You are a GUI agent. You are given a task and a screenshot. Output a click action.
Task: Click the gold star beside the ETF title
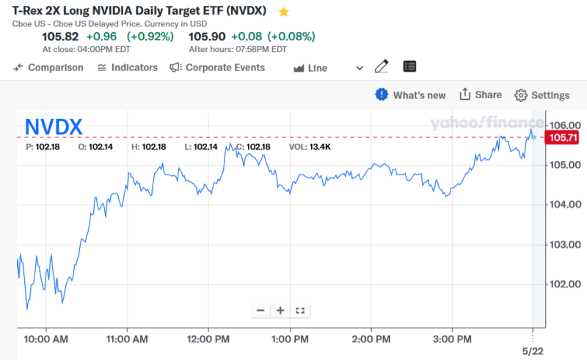tap(284, 12)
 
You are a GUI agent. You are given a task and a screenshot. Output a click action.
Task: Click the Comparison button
tap(48, 67)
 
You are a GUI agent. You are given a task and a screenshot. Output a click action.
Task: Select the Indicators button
tap(127, 67)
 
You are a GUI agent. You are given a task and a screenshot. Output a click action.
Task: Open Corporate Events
tap(217, 67)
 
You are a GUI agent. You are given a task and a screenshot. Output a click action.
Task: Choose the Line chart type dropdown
tap(328, 68)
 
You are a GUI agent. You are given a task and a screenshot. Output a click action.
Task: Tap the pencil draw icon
tap(381, 67)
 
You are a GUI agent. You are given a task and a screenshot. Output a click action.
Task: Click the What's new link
tap(411, 95)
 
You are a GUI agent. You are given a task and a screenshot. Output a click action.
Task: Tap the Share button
tap(481, 95)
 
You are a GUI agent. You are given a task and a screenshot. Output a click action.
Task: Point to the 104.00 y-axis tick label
tap(564, 204)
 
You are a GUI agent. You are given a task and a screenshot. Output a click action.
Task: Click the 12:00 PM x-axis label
tap(210, 339)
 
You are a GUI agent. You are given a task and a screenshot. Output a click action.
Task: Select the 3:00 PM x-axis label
tap(452, 339)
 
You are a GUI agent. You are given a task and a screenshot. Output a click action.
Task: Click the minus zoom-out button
tap(260, 310)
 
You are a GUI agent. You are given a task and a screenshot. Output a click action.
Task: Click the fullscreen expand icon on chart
tap(299, 310)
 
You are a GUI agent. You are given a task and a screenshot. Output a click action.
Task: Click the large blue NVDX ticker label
tap(54, 127)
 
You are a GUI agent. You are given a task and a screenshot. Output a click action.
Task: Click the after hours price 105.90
tap(207, 37)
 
